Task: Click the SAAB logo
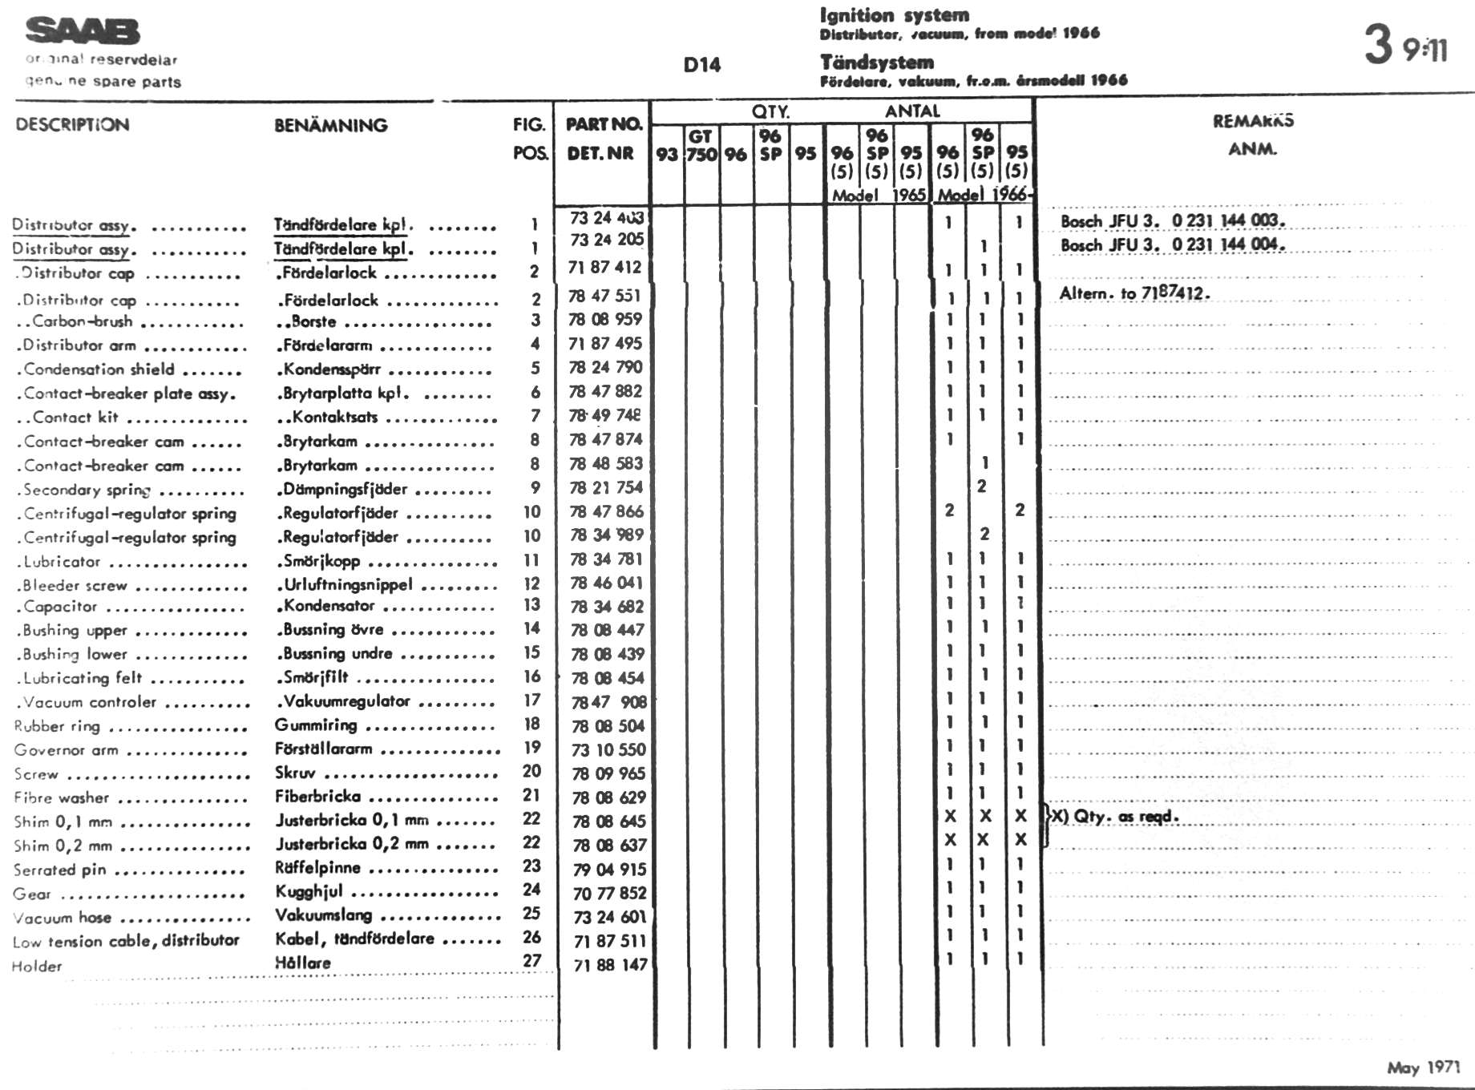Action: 83,31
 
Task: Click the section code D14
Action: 701,65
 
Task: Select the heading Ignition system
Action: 894,15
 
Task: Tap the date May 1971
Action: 1423,1068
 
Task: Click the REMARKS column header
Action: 1253,121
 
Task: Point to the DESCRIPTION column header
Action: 72,125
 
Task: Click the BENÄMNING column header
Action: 330,125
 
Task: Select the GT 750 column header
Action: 701,146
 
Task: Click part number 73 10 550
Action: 608,750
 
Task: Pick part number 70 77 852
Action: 609,893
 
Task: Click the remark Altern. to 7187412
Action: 1134,293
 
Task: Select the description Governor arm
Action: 66,750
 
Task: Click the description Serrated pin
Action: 59,870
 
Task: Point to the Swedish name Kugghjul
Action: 309,891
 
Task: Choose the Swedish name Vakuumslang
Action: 323,914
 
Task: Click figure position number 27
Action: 531,960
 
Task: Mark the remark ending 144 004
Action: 1172,244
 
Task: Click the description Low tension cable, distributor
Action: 126,941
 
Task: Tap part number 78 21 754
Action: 606,487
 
